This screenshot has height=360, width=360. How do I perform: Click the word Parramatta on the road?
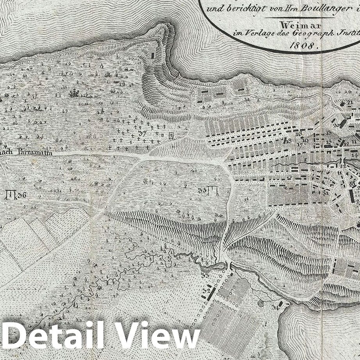point(34,153)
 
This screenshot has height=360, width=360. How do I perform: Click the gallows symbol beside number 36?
point(11,194)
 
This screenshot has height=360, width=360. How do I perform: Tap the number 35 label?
point(202,191)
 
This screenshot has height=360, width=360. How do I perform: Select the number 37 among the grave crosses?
point(142,133)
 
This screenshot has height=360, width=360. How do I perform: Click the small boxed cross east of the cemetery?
point(171,135)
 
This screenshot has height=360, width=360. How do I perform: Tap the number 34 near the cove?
point(275,307)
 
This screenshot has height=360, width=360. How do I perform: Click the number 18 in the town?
point(289,140)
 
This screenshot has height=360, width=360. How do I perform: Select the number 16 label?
point(299,134)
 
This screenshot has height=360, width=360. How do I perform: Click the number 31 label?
point(325,192)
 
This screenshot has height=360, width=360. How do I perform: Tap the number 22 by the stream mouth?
point(343,165)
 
